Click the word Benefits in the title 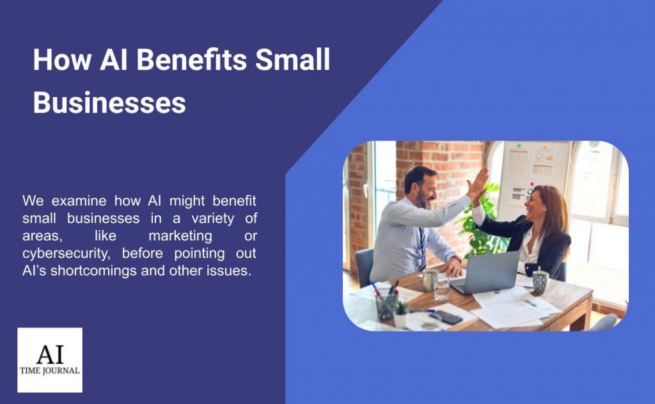192,59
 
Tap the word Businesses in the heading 109,103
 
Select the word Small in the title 293,59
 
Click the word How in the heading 62,59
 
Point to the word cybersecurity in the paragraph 67,254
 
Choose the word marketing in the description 180,237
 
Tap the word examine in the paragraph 79,201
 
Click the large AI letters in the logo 50,354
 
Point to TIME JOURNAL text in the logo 50,371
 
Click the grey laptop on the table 486,272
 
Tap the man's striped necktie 423,249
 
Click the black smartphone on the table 446,317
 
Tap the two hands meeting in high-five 477,185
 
